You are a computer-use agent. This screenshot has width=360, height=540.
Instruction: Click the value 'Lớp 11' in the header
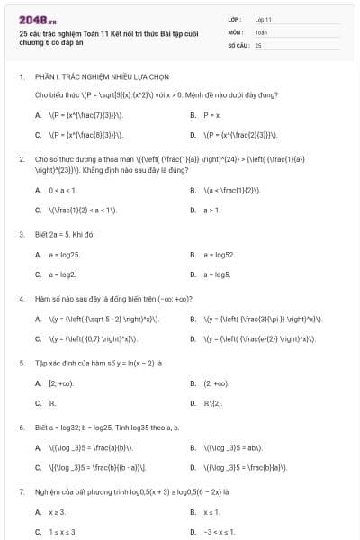coord(263,18)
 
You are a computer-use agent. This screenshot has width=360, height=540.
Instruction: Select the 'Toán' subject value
coord(261,31)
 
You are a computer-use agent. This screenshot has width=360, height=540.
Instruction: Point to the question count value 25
coord(258,44)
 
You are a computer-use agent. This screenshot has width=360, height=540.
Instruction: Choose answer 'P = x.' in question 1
coord(211,115)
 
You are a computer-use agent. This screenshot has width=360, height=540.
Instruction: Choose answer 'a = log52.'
coord(219,255)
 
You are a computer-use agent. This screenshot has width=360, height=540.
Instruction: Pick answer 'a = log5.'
coord(217,274)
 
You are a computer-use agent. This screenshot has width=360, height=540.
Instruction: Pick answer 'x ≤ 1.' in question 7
coord(212,511)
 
